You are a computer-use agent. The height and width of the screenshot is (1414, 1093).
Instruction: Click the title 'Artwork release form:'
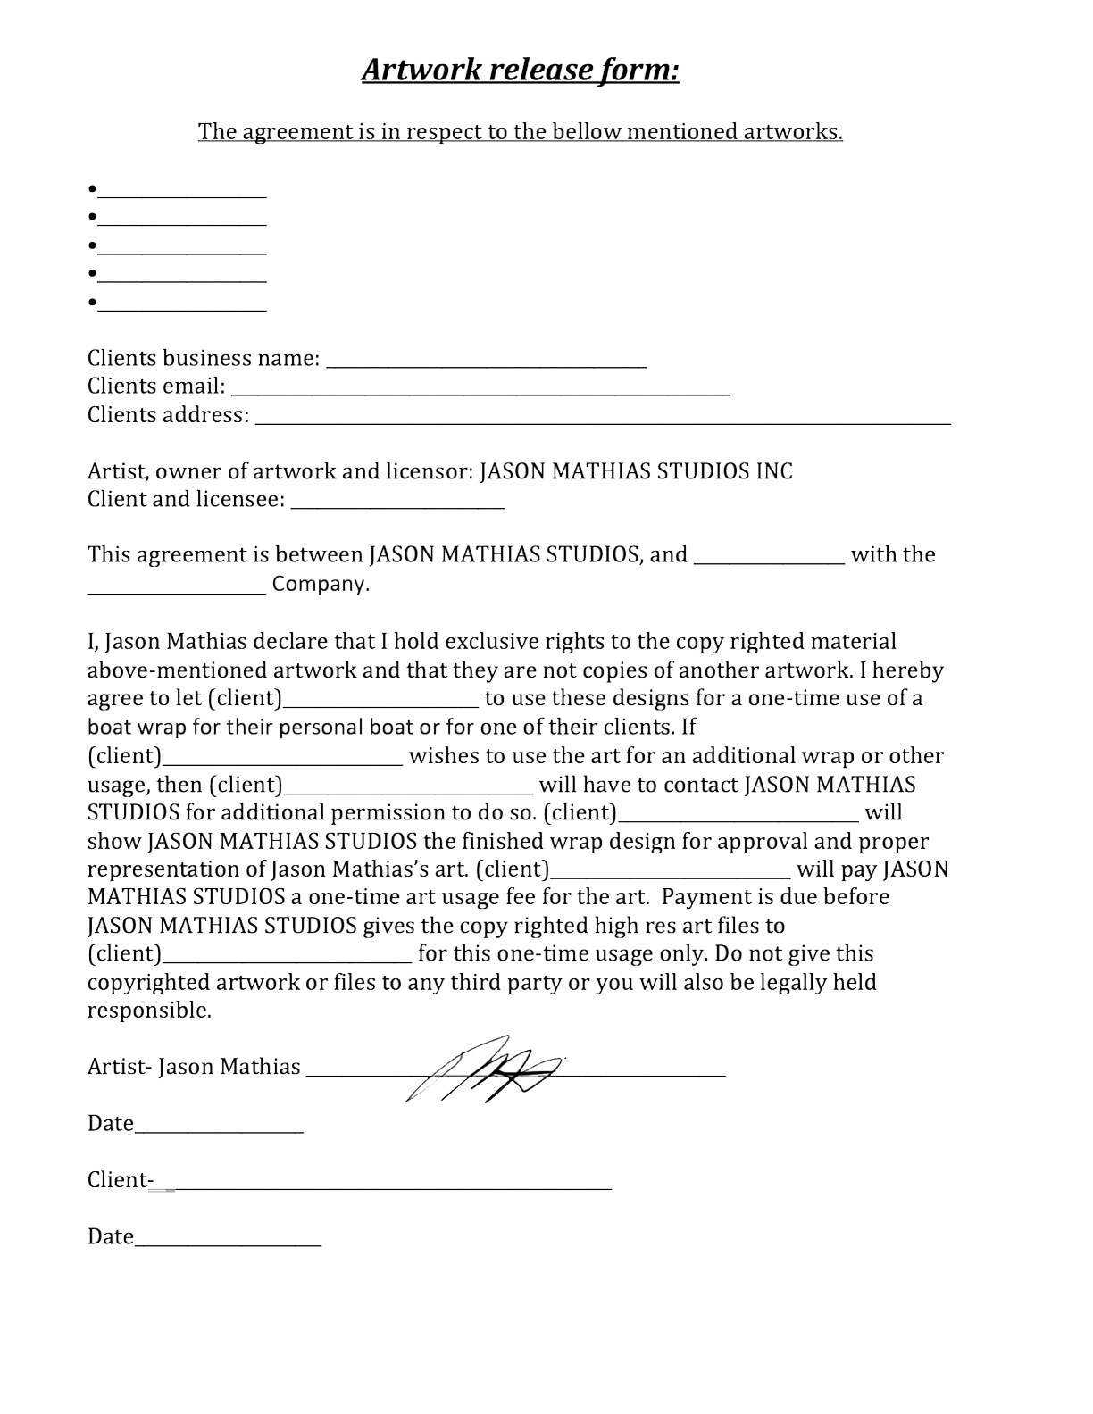520,70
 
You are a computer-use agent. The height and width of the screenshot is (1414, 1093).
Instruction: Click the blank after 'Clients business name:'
487,363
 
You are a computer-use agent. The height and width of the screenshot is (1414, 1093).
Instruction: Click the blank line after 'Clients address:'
603,420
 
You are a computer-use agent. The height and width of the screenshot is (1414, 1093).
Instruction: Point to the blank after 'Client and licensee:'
397,504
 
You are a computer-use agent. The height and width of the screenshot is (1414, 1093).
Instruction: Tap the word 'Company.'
320,585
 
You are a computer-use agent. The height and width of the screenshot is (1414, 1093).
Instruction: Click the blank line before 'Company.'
177,590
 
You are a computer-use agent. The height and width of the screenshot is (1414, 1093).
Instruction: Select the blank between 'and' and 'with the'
769,561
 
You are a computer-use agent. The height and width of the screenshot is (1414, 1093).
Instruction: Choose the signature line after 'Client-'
393,1186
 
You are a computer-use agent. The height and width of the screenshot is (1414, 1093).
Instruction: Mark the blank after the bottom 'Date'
228,1243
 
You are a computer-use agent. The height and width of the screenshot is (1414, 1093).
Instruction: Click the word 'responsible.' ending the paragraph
149,1011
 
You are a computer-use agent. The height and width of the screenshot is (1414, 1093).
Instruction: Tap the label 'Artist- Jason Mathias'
194,1067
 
